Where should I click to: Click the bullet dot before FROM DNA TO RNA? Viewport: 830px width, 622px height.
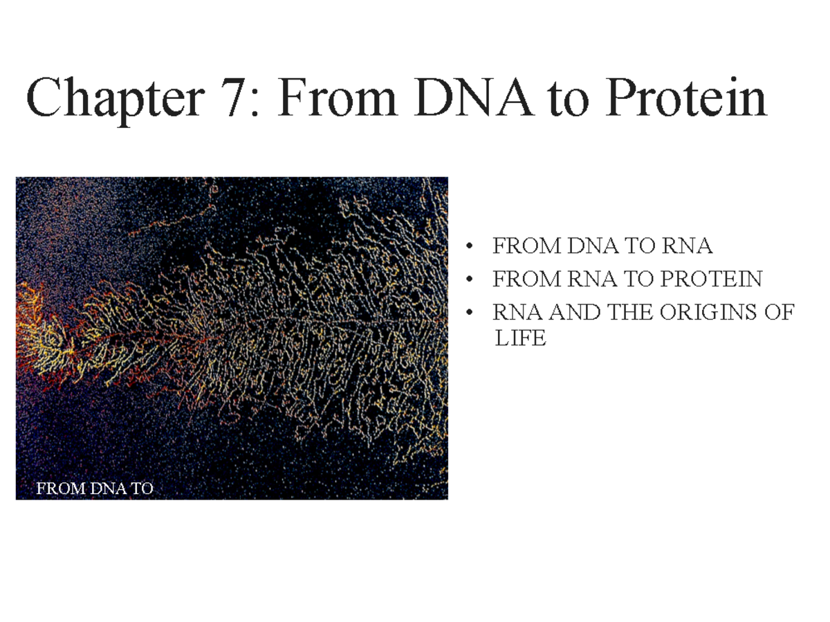coord(470,247)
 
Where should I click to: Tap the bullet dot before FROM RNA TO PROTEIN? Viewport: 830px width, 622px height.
coord(470,280)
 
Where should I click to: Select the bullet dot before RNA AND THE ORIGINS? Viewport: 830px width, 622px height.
coord(470,313)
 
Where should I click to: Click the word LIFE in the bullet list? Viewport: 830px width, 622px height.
coord(520,339)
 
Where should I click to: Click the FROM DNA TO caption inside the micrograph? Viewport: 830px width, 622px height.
coord(94,488)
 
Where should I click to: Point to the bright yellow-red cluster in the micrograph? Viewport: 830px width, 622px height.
coord(55,339)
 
